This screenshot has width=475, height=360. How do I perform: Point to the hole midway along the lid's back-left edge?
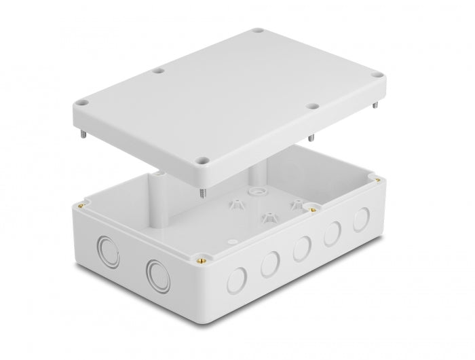[158, 69]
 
